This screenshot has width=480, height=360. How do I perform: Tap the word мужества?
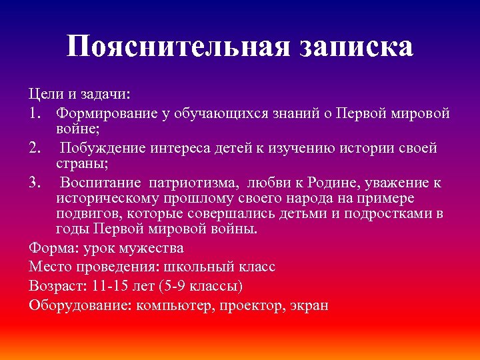[153, 248]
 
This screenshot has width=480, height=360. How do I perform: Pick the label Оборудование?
[81, 306]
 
